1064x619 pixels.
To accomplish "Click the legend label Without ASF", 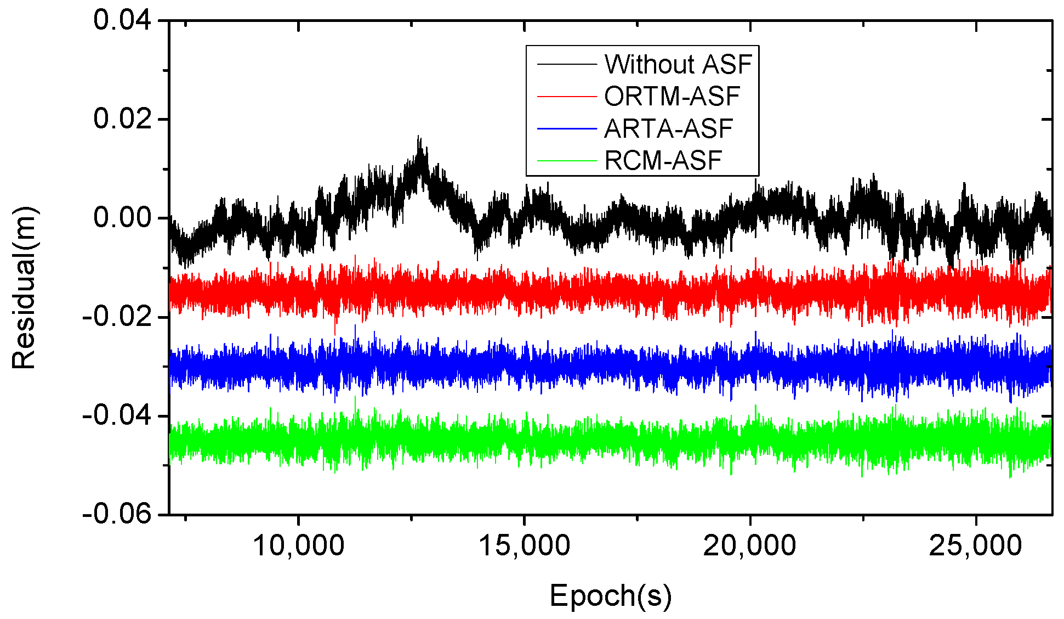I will tap(678, 64).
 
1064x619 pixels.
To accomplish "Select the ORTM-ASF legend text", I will tap(672, 97).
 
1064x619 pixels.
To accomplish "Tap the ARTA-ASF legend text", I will tap(668, 129).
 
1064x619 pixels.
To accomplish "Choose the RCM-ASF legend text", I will tap(663, 161).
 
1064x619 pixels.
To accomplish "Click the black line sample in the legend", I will tap(566, 65).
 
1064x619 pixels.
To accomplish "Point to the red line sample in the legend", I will tap(566, 97).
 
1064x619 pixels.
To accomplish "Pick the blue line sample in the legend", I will tap(566, 129).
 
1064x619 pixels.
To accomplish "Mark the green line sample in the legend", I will tap(566, 161).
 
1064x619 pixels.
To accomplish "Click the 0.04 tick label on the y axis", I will tap(122, 21).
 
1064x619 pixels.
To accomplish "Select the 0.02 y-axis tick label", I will tap(122, 119).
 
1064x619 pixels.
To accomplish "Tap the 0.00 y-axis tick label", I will tap(122, 218).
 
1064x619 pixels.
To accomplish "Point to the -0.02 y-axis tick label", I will tap(117, 317).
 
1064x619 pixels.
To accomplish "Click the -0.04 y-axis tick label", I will tap(117, 415).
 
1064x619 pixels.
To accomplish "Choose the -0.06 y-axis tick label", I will tap(117, 514).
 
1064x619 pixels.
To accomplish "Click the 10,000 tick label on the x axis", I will tap(298, 545).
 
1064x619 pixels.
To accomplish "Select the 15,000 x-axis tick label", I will tap(524, 545).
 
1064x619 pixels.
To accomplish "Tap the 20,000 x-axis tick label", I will tap(749, 545).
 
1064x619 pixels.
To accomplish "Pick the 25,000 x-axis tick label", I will tap(975, 545).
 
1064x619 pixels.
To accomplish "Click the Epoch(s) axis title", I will tap(610, 597).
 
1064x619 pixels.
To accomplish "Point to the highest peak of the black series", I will tap(419, 137).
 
